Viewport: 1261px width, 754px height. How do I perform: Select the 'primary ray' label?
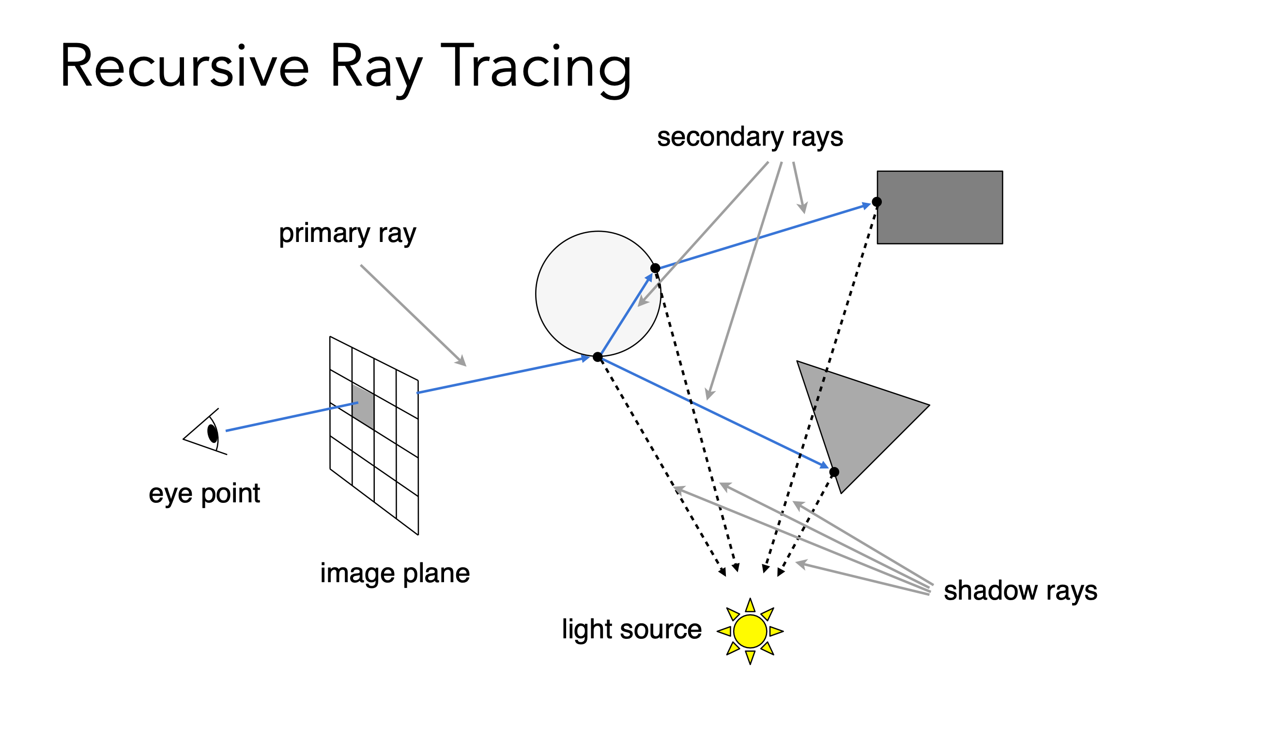click(348, 234)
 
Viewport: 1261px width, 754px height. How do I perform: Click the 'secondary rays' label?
click(750, 137)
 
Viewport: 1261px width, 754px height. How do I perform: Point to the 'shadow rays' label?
click(1020, 591)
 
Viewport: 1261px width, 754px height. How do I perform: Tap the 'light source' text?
click(631, 630)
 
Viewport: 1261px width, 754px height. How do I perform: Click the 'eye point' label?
click(204, 493)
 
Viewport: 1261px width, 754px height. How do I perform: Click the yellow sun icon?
click(750, 631)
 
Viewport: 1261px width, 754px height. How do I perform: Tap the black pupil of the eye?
click(213, 434)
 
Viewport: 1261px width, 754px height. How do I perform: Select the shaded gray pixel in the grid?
click(363, 407)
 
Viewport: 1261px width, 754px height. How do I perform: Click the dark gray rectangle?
click(940, 207)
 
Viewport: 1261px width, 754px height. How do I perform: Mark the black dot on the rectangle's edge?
click(877, 202)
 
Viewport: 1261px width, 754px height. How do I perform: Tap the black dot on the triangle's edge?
click(834, 472)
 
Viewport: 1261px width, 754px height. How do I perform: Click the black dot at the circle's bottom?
click(598, 357)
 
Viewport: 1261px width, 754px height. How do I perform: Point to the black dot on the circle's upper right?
click(655, 268)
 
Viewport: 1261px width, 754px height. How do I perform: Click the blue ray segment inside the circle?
click(625, 315)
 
